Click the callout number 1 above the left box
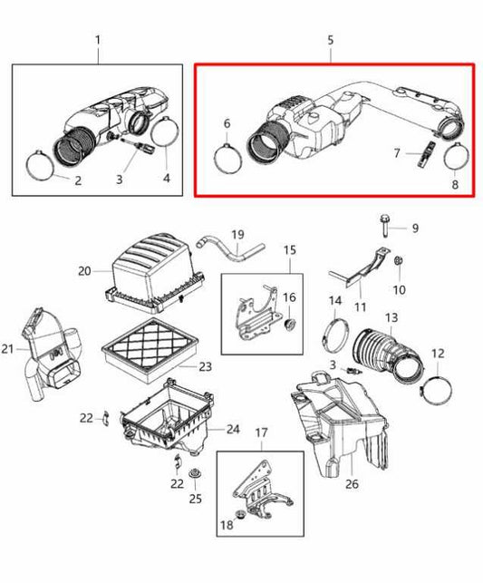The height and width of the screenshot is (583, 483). point(98,41)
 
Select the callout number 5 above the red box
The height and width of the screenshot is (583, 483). point(331,41)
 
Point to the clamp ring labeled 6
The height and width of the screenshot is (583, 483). point(229,155)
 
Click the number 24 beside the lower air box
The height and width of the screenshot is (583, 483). point(233,429)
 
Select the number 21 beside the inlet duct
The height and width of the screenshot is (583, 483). point(9,350)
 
